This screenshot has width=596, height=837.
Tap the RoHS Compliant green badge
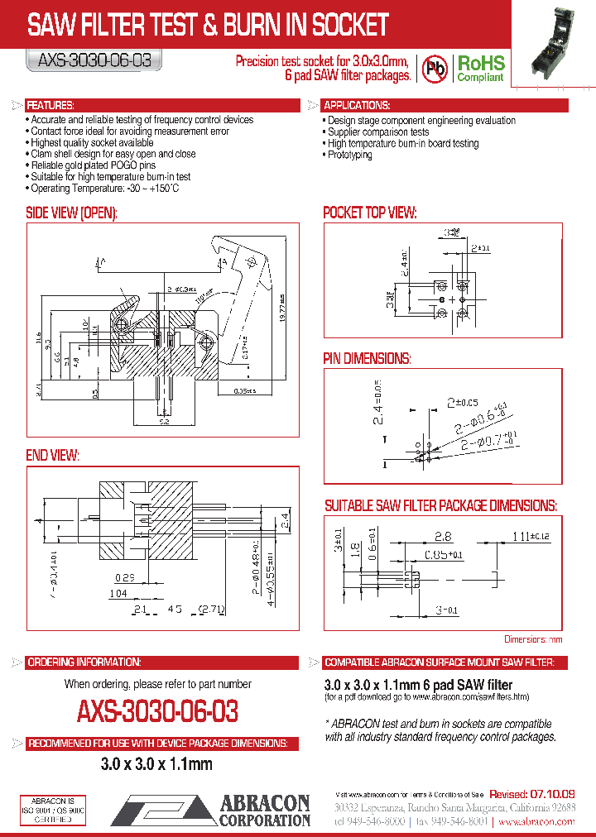click(481, 69)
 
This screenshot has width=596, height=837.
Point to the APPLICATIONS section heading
click(357, 106)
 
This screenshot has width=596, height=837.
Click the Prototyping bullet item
click(349, 155)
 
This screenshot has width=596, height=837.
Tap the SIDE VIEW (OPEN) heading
click(72, 213)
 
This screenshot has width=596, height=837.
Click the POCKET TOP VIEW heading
click(369, 213)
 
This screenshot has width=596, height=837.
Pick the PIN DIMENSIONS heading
click(367, 358)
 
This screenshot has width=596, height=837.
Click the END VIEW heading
click(52, 455)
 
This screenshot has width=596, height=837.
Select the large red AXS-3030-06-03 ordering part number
click(157, 711)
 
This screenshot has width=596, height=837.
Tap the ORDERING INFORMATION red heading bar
click(84, 663)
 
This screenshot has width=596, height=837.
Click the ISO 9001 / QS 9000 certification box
click(52, 810)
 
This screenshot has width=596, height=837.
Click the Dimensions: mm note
click(533, 639)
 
